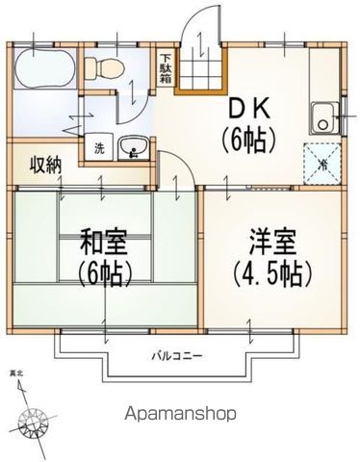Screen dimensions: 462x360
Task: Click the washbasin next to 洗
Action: click(133, 148)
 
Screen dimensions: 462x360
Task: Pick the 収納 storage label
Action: click(44, 164)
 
